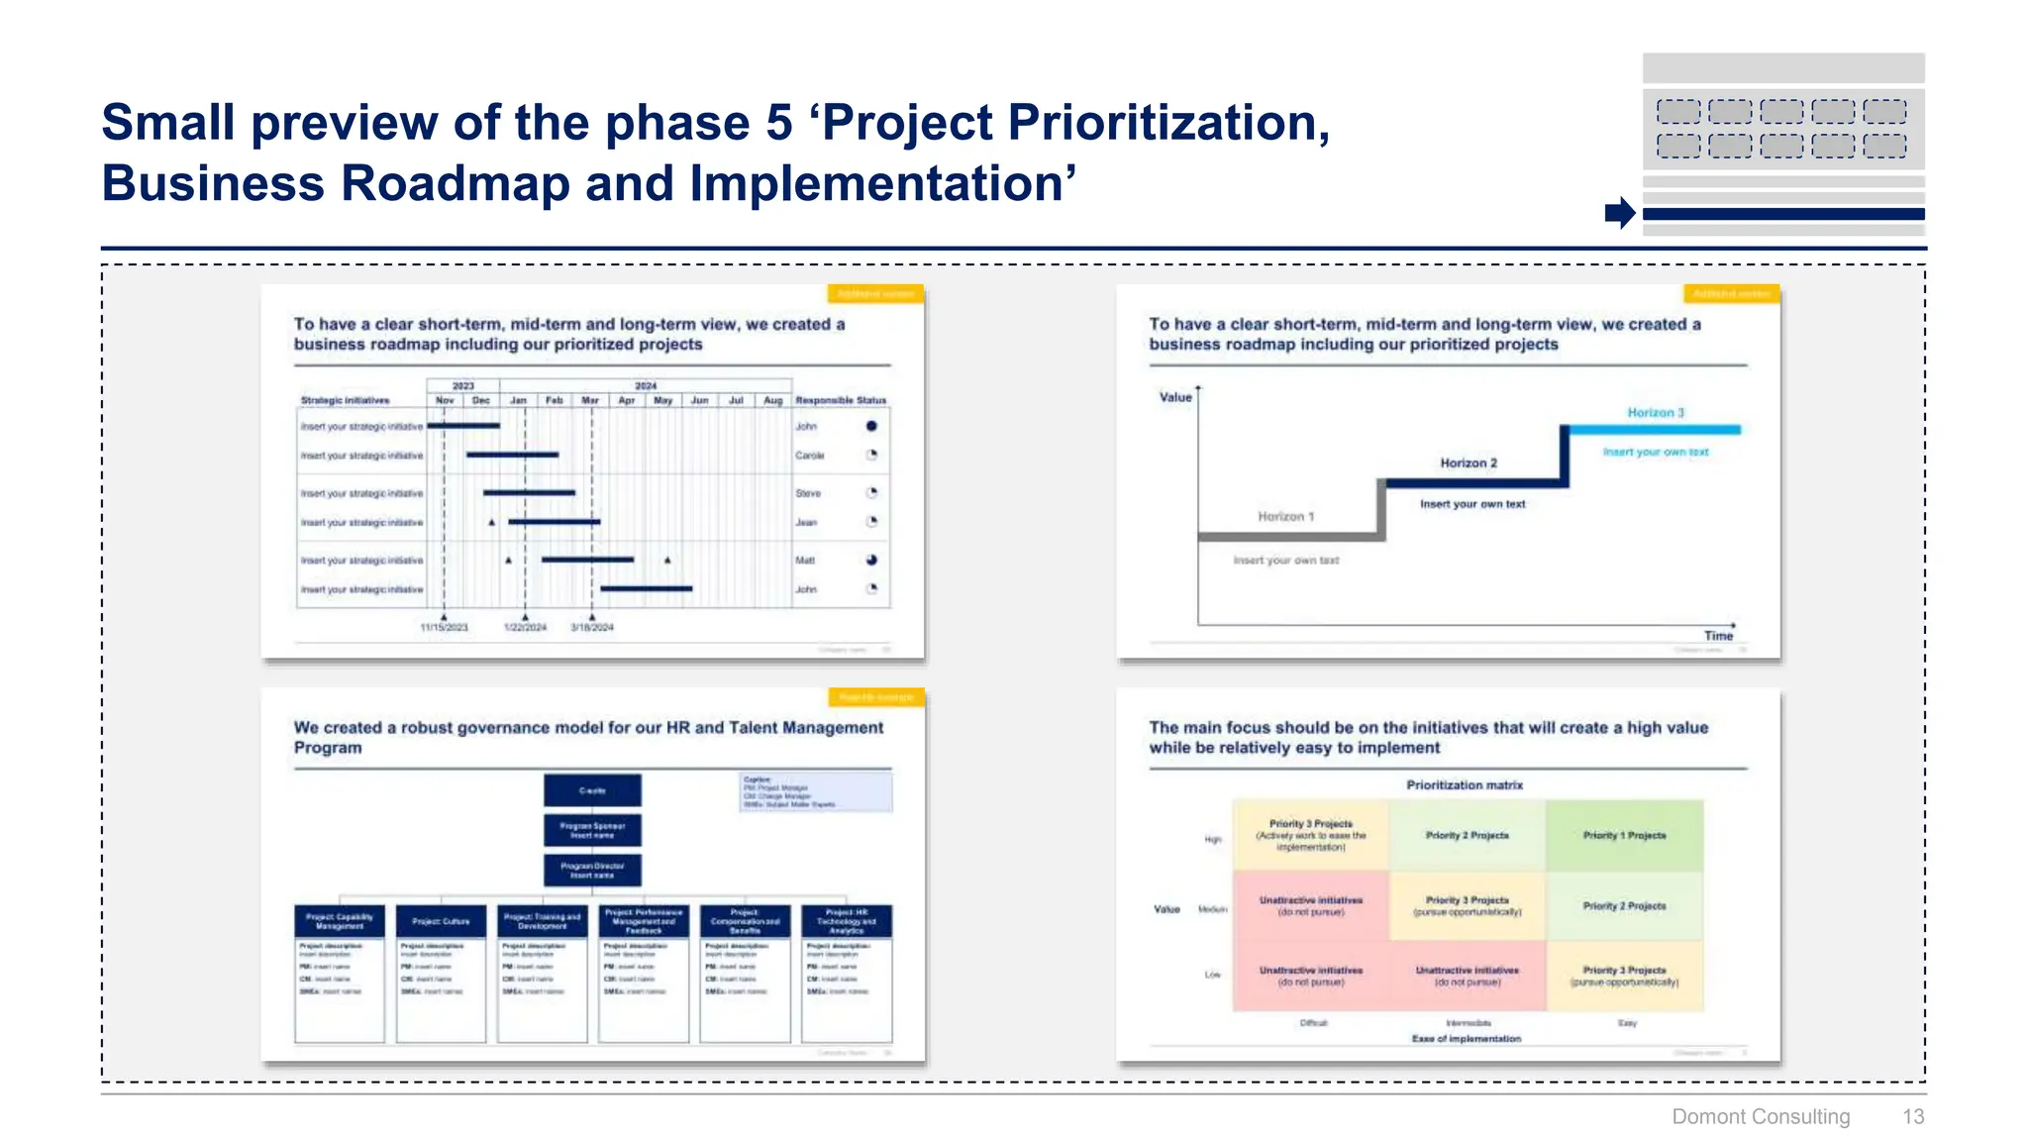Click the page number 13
pyautogui.click(x=1912, y=1117)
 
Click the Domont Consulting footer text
pyautogui.click(x=1760, y=1117)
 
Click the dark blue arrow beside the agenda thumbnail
pyautogui.click(x=1620, y=212)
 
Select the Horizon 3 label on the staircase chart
pyautogui.click(x=1655, y=413)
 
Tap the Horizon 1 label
pyautogui.click(x=1285, y=517)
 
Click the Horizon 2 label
pyautogui.click(x=1468, y=464)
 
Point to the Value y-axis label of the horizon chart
pyautogui.click(x=1175, y=397)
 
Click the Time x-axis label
pyautogui.click(x=1718, y=636)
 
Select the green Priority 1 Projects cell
pyautogui.click(x=1624, y=836)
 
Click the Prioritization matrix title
pyautogui.click(x=1464, y=785)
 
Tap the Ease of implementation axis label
pyautogui.click(x=1466, y=1039)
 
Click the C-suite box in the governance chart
pyautogui.click(x=592, y=790)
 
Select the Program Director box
pyautogui.click(x=592, y=871)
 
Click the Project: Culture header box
pyautogui.click(x=441, y=921)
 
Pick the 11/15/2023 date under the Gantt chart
pyautogui.click(x=444, y=628)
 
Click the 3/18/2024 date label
pyautogui.click(x=592, y=628)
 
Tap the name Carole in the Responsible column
pyautogui.click(x=809, y=456)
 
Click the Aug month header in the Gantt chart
pyautogui.click(x=772, y=401)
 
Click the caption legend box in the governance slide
pyautogui.click(x=815, y=792)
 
